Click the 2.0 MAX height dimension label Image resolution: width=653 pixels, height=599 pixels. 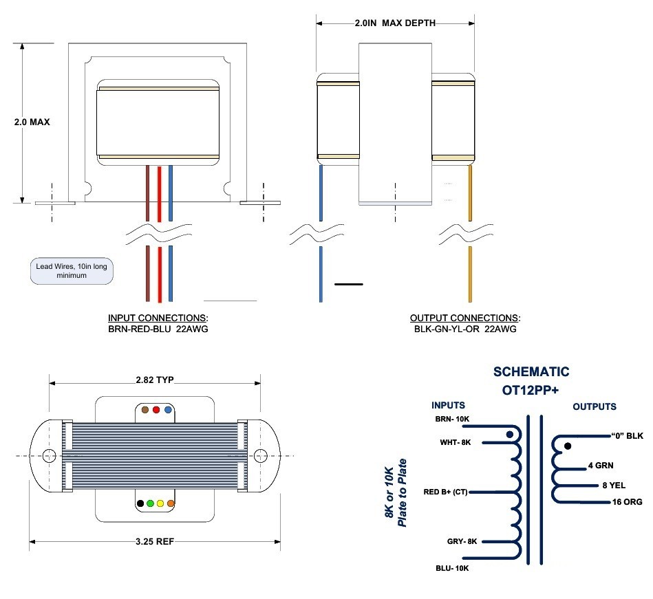[x=32, y=122]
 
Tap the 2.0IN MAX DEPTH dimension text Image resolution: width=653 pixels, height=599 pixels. [x=395, y=23]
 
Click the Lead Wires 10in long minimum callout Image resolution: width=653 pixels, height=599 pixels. [x=72, y=270]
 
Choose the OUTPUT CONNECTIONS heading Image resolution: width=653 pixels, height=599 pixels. [x=465, y=318]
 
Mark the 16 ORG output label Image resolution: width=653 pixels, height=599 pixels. [x=627, y=502]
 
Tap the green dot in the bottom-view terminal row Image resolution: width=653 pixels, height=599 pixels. [x=151, y=503]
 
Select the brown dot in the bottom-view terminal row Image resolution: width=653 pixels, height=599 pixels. [x=146, y=410]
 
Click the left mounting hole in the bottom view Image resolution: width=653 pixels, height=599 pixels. [x=50, y=455]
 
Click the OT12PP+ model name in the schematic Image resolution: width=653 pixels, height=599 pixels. [x=531, y=390]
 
